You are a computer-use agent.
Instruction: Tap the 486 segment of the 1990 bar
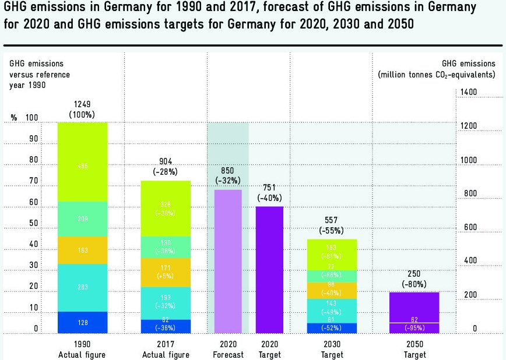click(83, 166)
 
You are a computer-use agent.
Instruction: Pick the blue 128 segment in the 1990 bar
click(83, 322)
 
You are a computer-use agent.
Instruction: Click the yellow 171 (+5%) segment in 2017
click(166, 272)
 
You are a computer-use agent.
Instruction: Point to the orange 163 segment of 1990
click(83, 250)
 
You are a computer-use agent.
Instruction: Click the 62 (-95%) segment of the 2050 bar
click(414, 327)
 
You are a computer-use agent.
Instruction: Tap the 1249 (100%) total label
click(82, 109)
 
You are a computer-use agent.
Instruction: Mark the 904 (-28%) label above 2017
click(166, 167)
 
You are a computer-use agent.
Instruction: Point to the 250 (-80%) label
click(414, 278)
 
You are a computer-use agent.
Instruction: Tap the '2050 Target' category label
click(414, 350)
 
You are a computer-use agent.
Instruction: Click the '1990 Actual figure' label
click(82, 350)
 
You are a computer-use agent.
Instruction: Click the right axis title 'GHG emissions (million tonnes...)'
click(437, 69)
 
